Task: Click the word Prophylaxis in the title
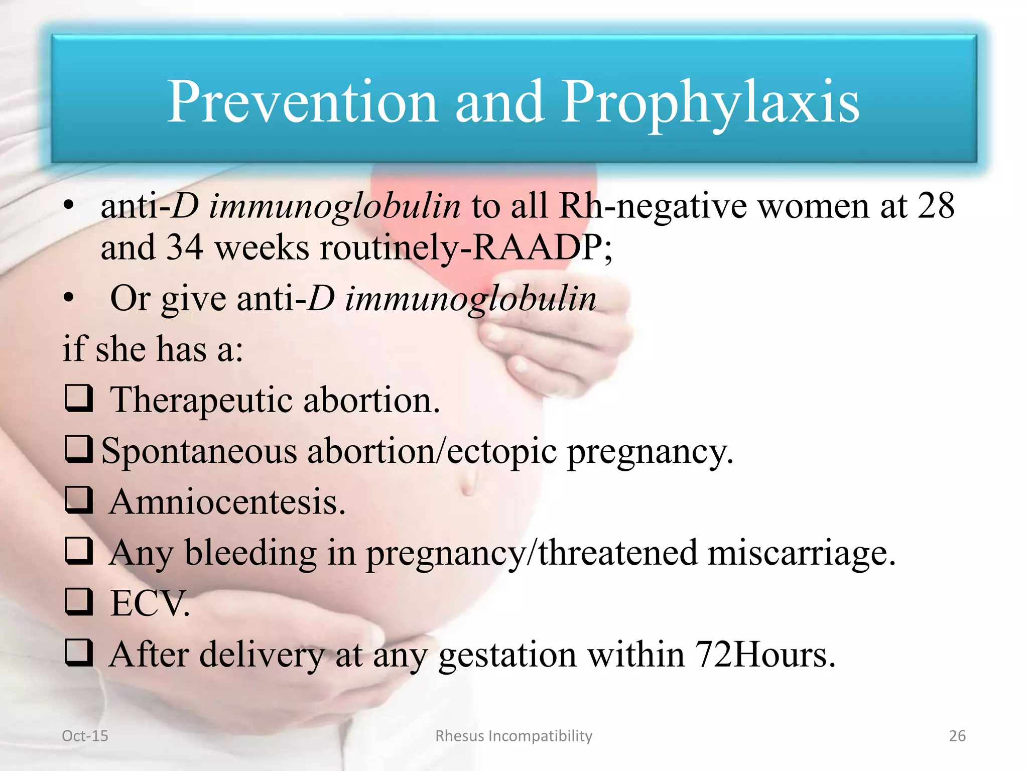[x=710, y=103]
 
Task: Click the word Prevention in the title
[x=302, y=103]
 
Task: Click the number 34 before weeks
[x=184, y=247]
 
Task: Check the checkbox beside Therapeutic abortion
[x=79, y=399]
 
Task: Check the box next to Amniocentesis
[x=79, y=500]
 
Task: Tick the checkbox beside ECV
[x=79, y=602]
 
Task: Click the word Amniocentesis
[x=227, y=502]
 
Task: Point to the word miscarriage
[x=801, y=553]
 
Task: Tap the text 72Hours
[x=765, y=655]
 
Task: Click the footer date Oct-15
[x=85, y=736]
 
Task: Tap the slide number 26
[x=957, y=736]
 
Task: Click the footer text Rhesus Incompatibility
[x=513, y=736]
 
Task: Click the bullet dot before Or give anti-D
[x=69, y=299]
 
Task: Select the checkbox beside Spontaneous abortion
[x=79, y=449]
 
